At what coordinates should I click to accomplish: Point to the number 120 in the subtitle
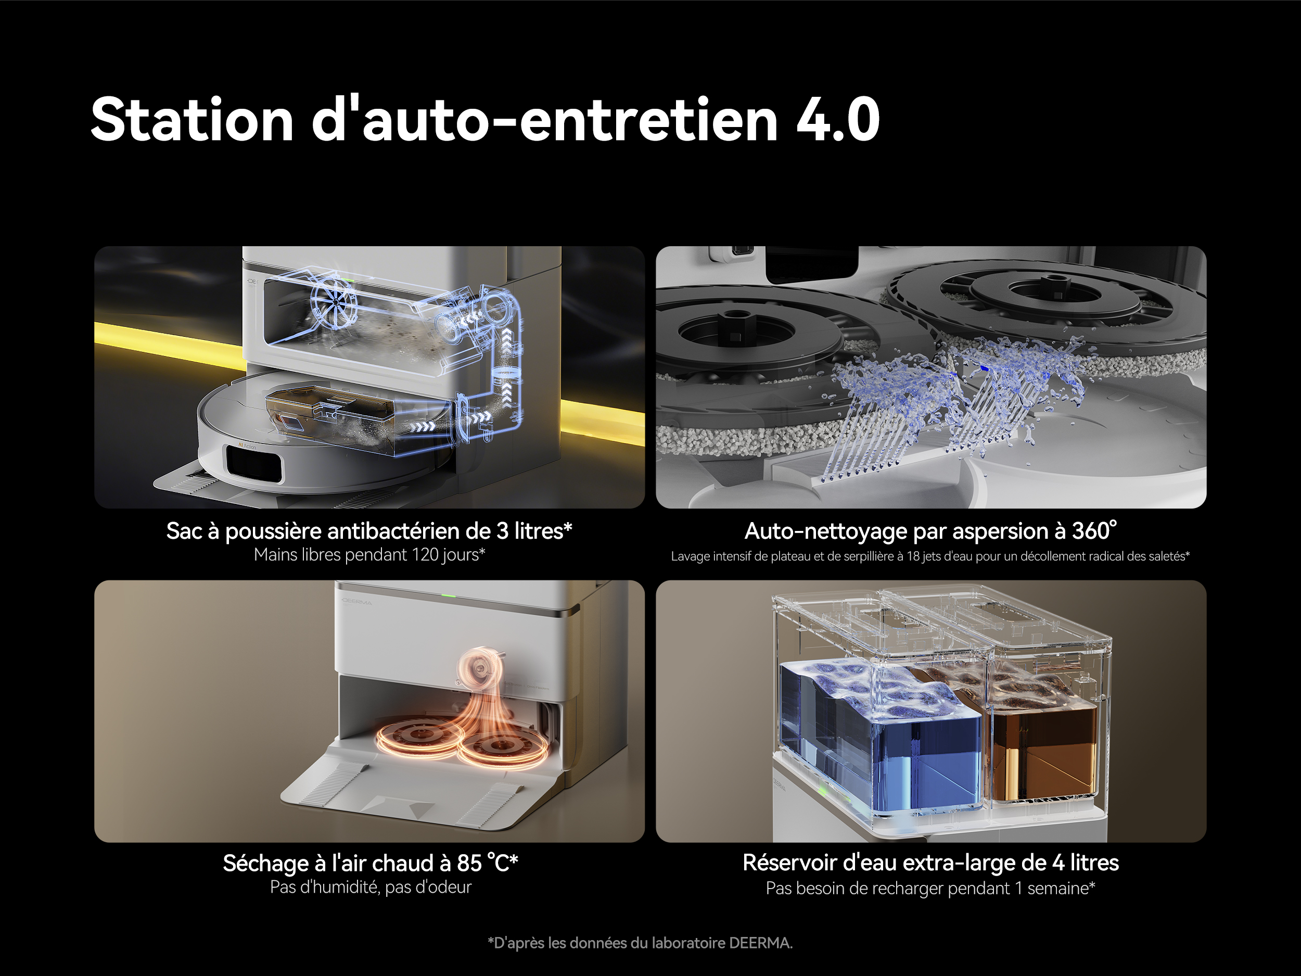[425, 555]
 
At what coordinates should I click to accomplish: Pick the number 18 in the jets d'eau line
[913, 556]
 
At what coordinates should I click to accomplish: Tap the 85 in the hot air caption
[469, 863]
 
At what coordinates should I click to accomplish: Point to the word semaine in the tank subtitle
[1057, 889]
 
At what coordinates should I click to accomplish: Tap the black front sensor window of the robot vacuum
[253, 461]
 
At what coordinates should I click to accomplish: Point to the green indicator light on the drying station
[449, 595]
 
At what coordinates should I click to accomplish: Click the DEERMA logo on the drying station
[357, 601]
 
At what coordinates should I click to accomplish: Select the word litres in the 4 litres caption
[1094, 863]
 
